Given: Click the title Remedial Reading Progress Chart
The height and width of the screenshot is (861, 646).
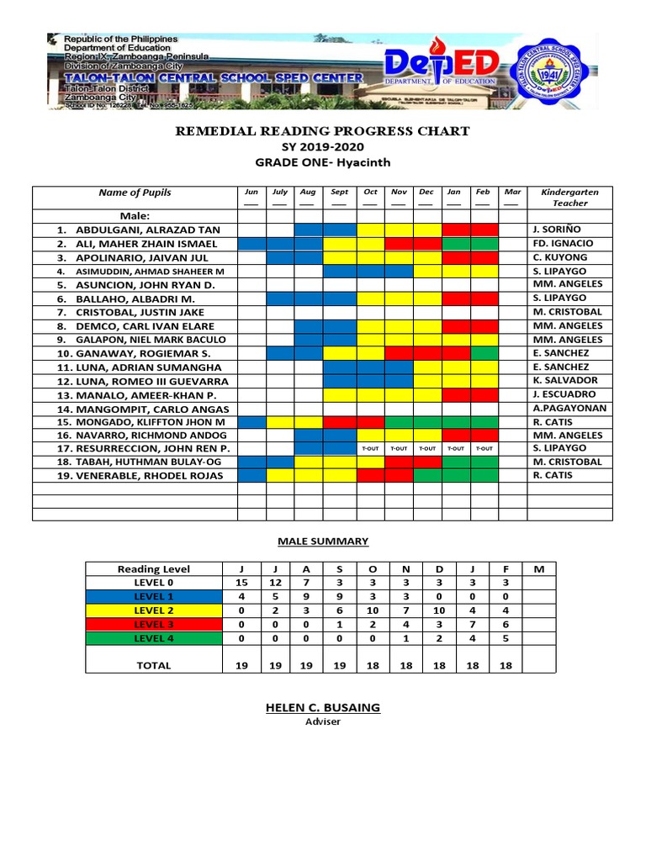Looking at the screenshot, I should pyautogui.click(x=321, y=131).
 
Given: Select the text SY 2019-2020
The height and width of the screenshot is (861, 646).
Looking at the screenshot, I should pyautogui.click(x=322, y=147).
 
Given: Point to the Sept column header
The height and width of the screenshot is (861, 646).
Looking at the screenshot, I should pyautogui.click(x=339, y=193).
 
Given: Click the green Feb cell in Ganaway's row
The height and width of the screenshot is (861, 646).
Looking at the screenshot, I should pyautogui.click(x=484, y=353).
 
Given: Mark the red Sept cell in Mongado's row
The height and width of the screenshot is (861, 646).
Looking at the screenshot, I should pyautogui.click(x=339, y=421).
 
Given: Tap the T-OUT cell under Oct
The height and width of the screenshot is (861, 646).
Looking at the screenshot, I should pyautogui.click(x=370, y=449).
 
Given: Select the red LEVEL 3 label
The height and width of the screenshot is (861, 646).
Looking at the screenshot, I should pyautogui.click(x=153, y=624).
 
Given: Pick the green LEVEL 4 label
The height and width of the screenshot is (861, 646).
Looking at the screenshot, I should pyautogui.click(x=153, y=638).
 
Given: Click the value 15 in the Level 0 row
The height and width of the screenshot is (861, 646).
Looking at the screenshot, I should pyautogui.click(x=241, y=582).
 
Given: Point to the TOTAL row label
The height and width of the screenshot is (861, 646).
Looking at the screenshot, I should pyautogui.click(x=153, y=665).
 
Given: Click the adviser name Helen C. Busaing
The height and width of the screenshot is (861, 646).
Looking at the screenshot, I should pyautogui.click(x=323, y=708).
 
